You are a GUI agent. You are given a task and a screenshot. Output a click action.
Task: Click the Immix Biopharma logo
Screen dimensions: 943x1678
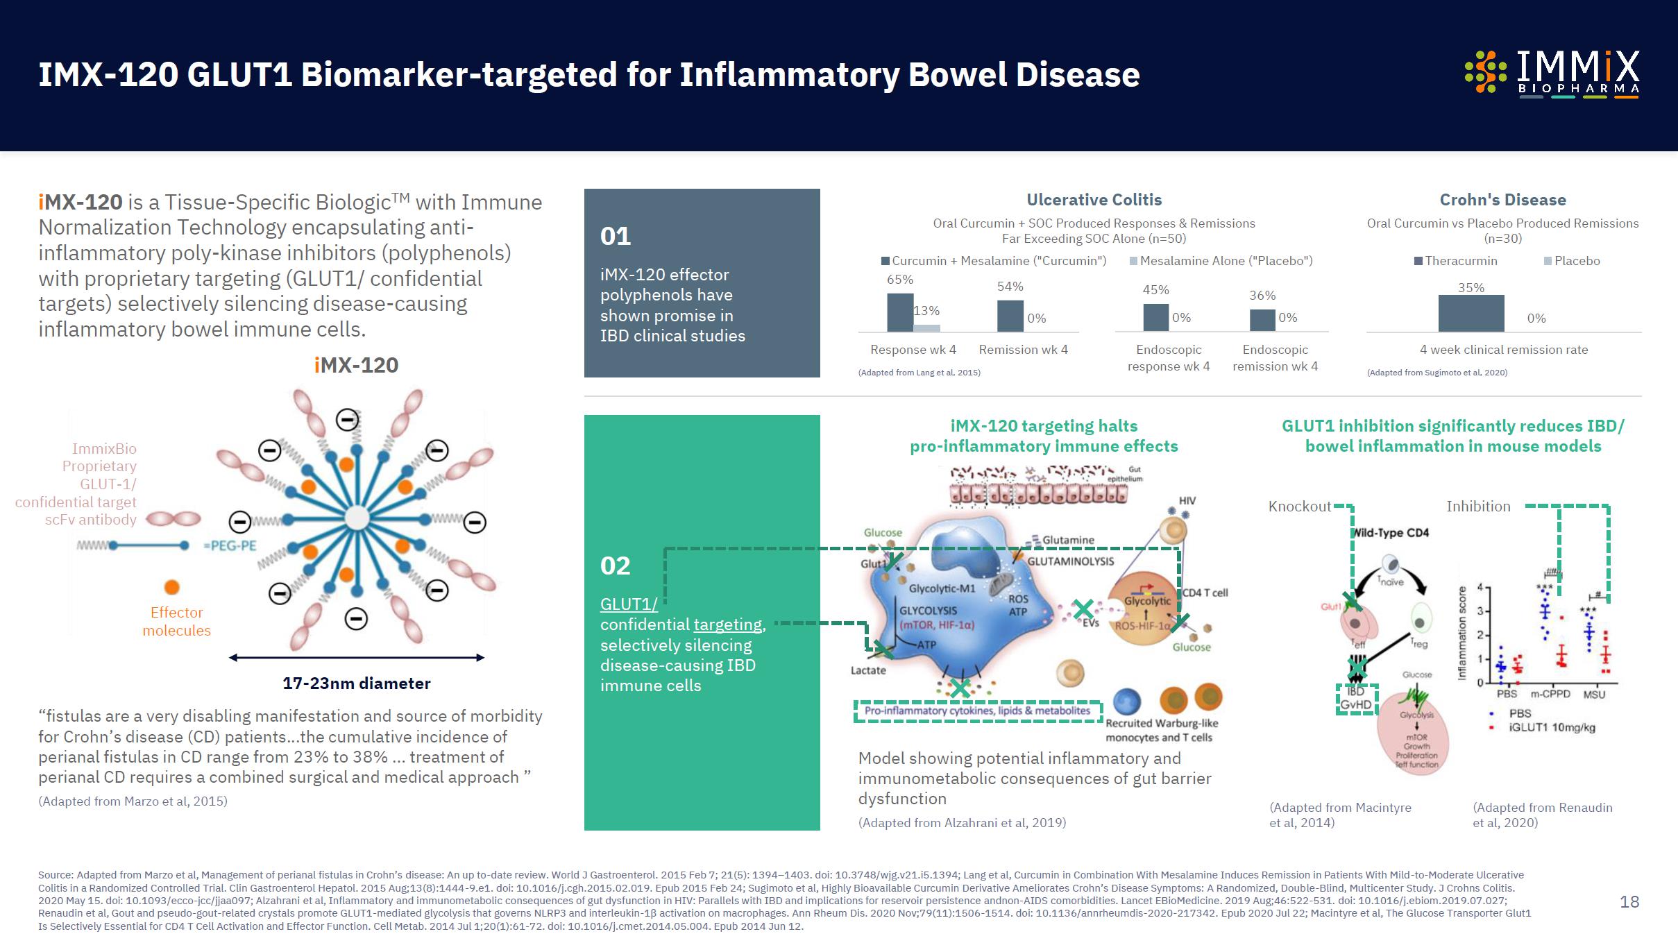point(1552,74)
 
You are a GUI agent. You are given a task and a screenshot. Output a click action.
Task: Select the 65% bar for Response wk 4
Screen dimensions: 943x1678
point(900,312)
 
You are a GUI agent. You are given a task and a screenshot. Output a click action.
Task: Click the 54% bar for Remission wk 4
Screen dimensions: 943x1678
point(1010,316)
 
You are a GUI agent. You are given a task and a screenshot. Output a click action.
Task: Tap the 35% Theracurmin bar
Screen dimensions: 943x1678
point(1471,313)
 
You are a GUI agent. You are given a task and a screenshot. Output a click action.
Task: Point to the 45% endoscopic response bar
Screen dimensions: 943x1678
point(1155,317)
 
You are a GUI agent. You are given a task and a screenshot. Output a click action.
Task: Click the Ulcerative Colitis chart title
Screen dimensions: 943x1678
point(1094,200)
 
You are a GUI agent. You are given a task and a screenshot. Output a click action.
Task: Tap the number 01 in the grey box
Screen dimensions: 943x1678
point(616,237)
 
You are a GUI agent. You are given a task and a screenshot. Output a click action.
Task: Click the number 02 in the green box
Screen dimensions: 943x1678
point(616,566)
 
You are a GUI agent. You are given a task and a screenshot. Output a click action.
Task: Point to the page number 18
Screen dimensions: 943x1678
point(1629,901)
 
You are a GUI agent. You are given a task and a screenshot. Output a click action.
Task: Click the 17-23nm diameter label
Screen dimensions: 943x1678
point(356,683)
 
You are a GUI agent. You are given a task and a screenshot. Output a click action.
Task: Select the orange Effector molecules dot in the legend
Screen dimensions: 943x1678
point(171,587)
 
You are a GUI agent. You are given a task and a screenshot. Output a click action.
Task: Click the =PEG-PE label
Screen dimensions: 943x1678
point(230,545)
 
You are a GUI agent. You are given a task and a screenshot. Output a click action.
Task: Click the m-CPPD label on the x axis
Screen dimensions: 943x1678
point(1550,694)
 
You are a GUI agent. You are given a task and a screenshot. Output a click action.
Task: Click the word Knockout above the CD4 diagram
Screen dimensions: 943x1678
point(1299,507)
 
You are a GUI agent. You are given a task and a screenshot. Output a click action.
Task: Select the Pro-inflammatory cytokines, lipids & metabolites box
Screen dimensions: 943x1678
point(977,711)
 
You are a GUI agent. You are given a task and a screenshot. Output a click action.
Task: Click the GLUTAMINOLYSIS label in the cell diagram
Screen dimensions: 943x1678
point(1070,561)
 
